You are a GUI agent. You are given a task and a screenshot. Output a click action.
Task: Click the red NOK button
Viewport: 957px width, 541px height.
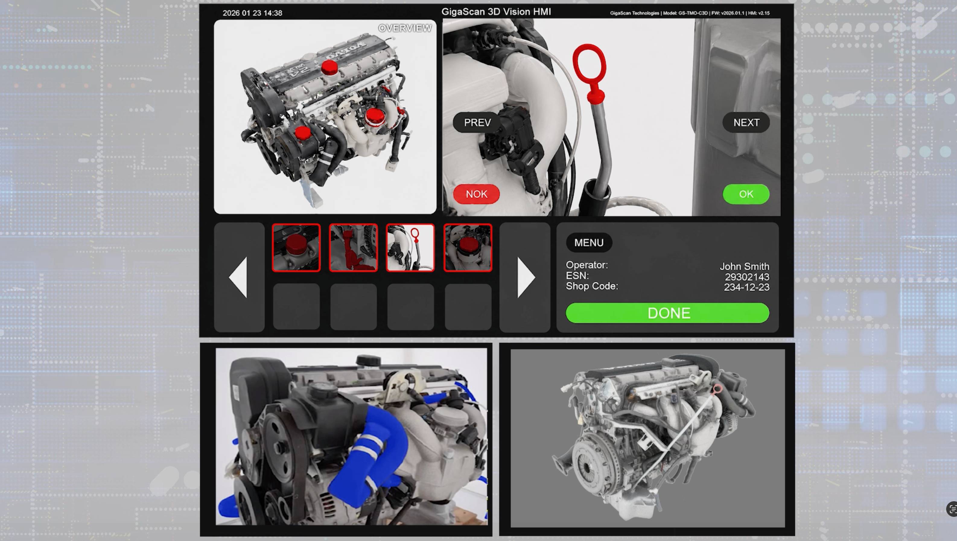tap(476, 194)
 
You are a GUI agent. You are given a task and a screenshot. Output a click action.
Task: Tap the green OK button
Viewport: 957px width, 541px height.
tap(746, 194)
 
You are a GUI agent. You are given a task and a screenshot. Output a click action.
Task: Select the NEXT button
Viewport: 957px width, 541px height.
tap(746, 123)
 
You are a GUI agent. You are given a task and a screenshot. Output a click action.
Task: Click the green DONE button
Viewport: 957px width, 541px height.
tap(667, 313)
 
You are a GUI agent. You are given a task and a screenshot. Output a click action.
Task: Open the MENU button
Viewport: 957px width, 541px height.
tap(589, 243)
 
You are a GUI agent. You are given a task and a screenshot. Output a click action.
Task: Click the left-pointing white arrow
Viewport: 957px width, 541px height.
tap(238, 277)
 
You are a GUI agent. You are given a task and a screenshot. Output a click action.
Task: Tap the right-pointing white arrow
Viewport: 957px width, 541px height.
tap(526, 277)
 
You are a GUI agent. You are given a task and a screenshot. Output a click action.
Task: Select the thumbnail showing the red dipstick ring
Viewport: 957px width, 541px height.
tap(410, 248)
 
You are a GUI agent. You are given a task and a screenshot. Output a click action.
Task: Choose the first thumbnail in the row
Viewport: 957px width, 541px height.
tap(296, 248)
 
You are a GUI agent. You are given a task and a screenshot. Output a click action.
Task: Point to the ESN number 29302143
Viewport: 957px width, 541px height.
tap(747, 277)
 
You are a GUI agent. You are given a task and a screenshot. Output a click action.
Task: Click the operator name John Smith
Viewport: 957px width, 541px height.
tap(744, 266)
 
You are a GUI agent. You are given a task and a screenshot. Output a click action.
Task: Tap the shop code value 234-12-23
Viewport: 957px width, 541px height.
tap(746, 287)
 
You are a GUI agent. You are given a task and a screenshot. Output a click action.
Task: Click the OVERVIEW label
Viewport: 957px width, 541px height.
tap(405, 28)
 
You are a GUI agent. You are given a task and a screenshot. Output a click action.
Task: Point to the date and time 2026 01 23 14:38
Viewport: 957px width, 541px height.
tap(252, 13)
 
